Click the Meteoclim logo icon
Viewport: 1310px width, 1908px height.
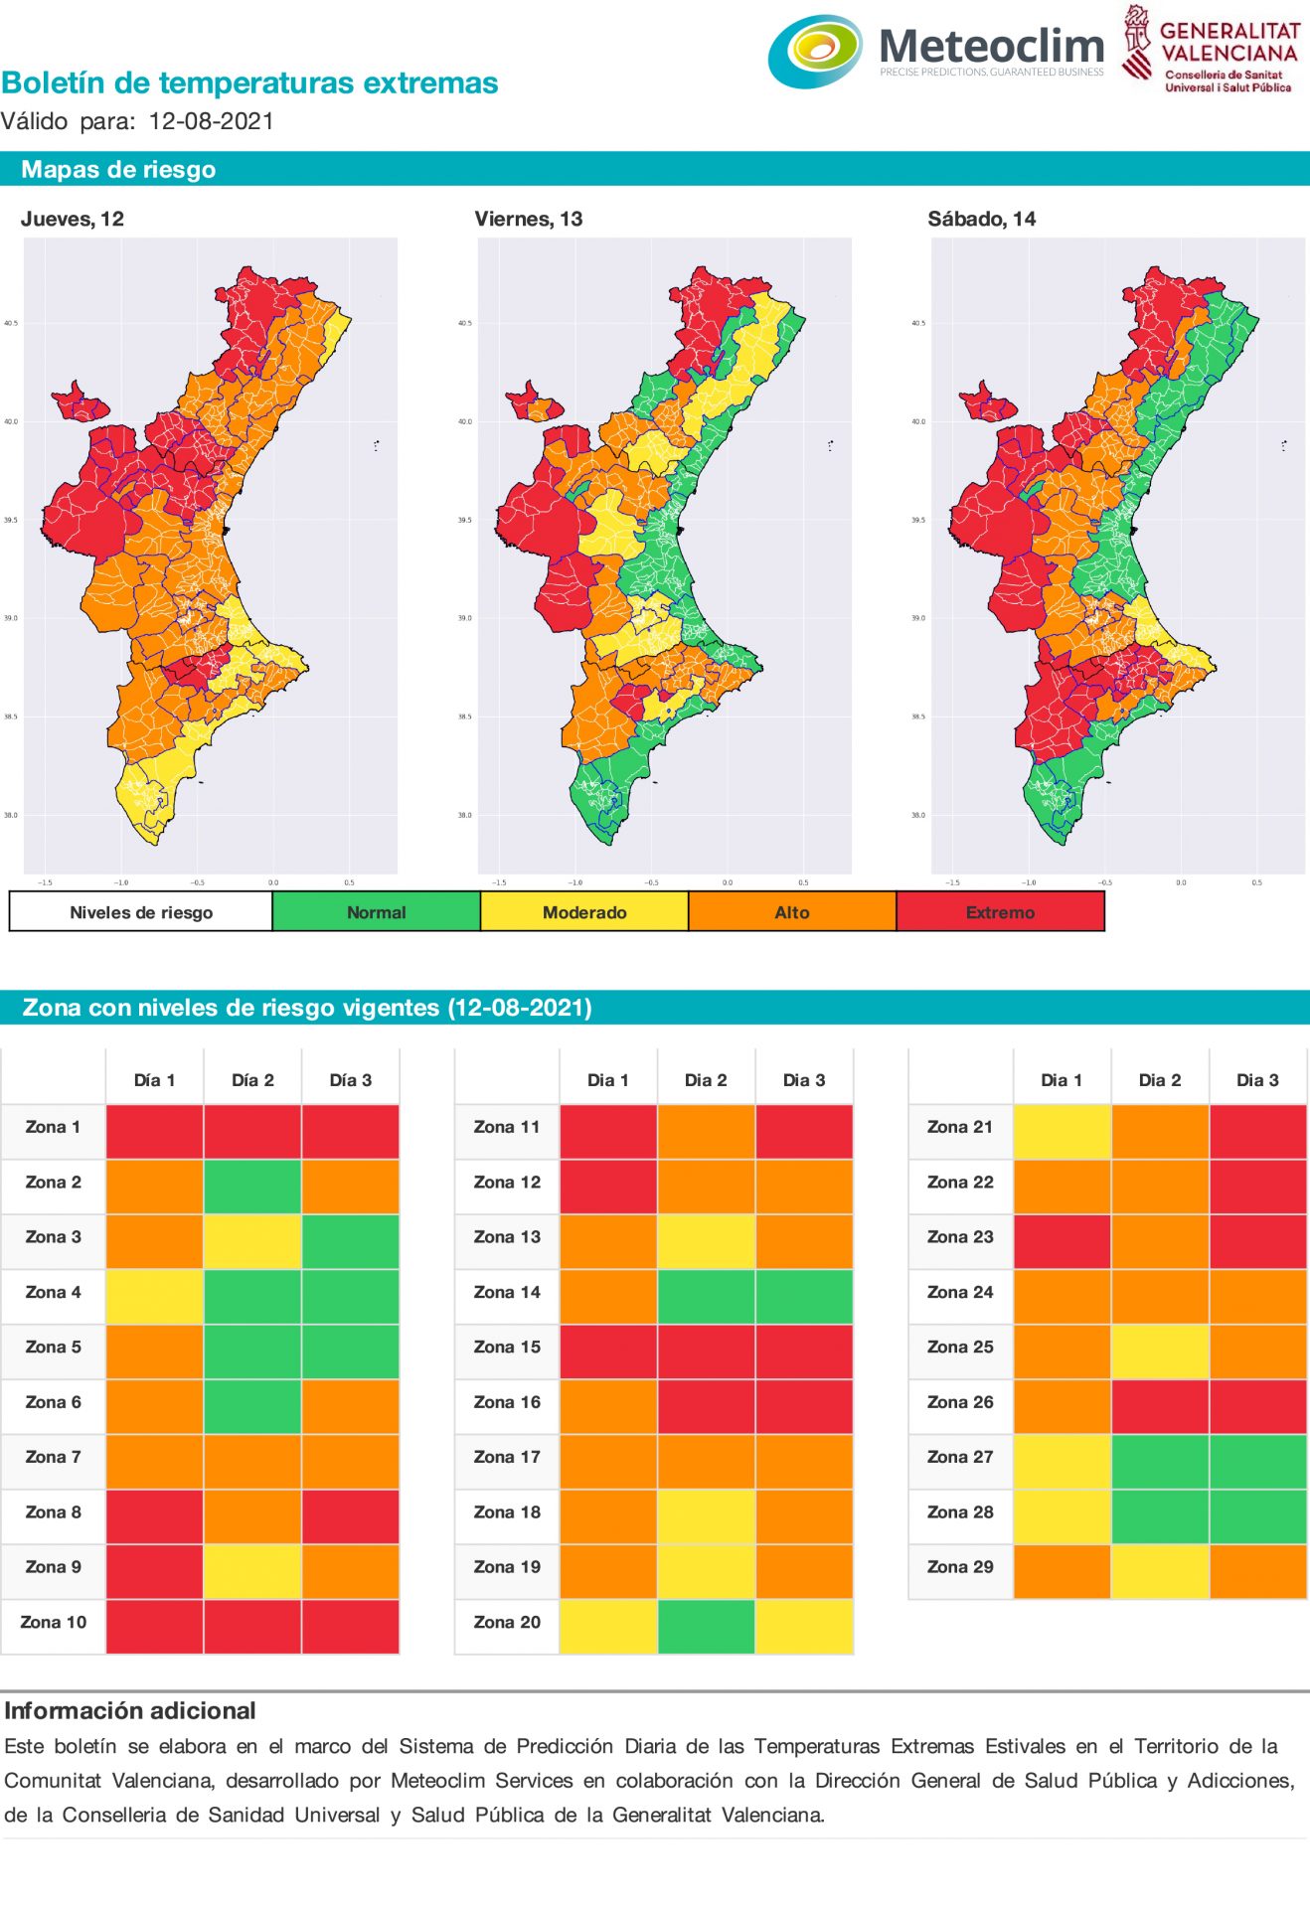pos(815,51)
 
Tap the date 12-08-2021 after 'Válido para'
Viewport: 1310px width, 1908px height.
pos(211,121)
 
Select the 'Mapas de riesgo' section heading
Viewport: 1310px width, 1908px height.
pos(118,169)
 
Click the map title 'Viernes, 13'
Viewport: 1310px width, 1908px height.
pos(528,219)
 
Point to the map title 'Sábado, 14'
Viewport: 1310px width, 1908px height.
pos(981,219)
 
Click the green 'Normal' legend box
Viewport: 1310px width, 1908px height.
pos(376,911)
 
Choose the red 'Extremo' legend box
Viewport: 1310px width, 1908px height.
pos(1000,911)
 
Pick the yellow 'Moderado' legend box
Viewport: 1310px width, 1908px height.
pos(583,911)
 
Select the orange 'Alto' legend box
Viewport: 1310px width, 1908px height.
pos(792,911)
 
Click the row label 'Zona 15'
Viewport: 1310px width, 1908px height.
pos(507,1347)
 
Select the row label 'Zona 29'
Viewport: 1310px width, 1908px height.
pos(960,1566)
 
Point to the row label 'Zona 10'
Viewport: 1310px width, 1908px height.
pos(54,1622)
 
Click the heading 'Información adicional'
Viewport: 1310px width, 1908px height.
pos(130,1710)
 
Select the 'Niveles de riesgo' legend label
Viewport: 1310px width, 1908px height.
pos(141,911)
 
